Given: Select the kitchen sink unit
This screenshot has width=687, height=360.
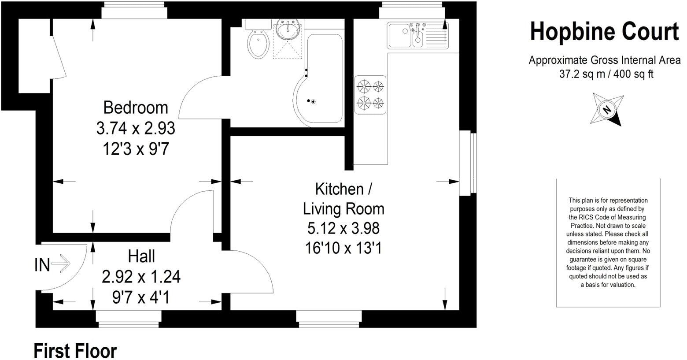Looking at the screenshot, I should (x=418, y=35).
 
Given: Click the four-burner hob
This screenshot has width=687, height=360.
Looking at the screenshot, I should (x=370, y=94).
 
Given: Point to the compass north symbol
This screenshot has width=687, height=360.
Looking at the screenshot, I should (x=607, y=109).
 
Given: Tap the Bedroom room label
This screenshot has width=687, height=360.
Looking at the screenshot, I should (x=135, y=108).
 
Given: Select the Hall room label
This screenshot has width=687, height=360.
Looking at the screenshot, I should (x=141, y=256).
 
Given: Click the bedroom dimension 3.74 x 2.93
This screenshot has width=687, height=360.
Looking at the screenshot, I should (x=136, y=128).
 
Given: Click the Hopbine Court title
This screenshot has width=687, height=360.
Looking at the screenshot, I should (x=604, y=32).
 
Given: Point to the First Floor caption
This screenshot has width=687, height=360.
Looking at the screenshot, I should (x=75, y=351).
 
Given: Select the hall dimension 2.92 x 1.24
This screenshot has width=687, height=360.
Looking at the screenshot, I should (x=141, y=277).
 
